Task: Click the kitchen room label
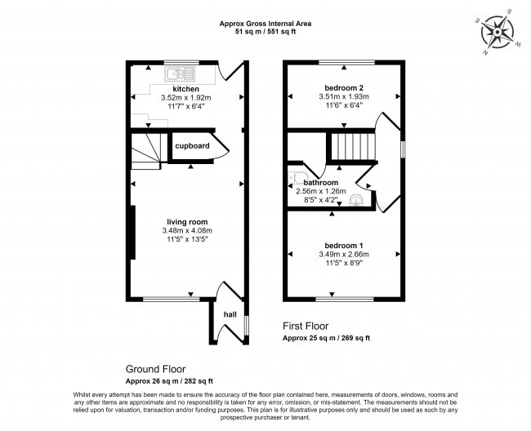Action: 185,88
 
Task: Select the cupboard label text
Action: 193,146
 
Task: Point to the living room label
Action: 186,221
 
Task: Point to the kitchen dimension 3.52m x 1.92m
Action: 186,97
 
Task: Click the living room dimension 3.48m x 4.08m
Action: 186,231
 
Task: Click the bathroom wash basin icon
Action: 357,200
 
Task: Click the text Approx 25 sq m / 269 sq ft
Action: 326,338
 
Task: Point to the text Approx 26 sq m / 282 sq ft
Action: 169,381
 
